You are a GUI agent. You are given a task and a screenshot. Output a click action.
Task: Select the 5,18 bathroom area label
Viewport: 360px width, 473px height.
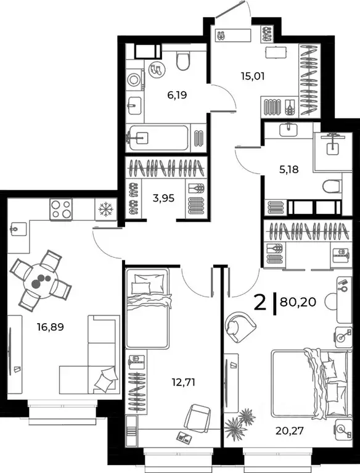click(288, 168)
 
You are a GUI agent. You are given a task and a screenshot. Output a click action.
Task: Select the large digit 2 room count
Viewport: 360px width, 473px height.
click(261, 303)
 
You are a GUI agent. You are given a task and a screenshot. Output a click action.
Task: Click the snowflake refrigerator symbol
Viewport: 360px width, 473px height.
click(105, 210)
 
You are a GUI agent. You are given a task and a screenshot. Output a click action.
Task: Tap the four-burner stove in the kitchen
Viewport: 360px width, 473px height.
click(61, 210)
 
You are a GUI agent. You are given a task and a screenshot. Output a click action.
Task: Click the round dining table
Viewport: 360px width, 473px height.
click(41, 281)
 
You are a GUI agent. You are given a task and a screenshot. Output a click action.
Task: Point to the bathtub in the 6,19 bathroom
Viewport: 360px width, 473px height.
click(157, 137)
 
